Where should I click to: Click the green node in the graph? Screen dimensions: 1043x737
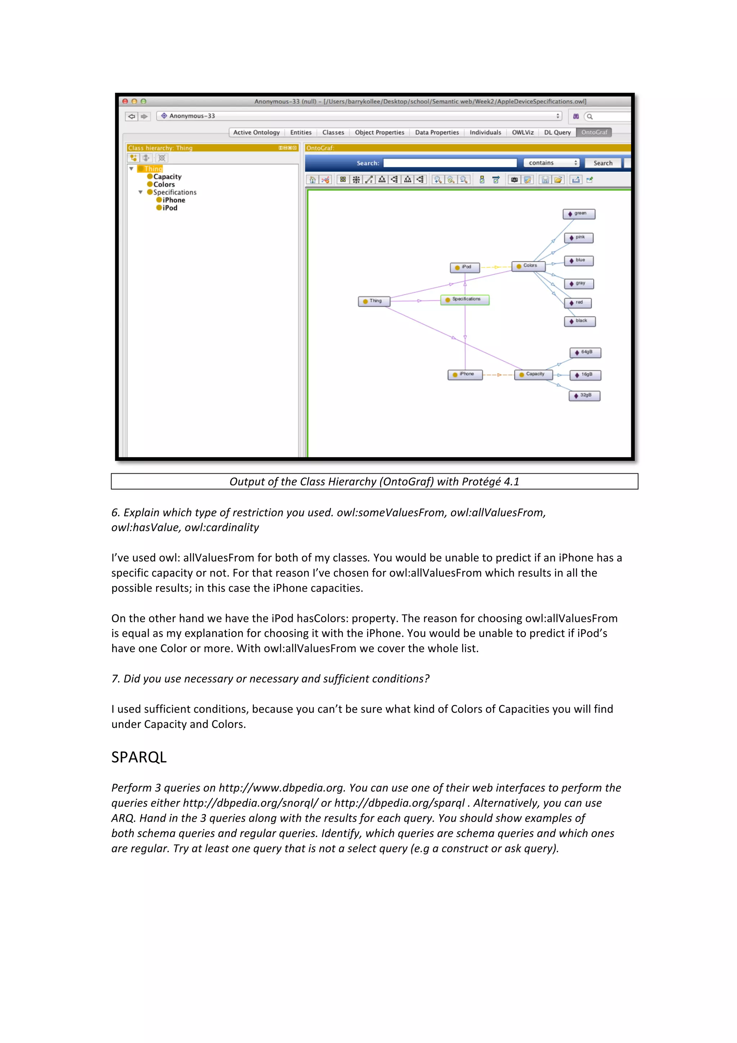click(x=579, y=213)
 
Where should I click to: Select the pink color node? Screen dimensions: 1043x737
click(x=579, y=238)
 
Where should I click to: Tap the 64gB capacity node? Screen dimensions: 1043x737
click(x=585, y=352)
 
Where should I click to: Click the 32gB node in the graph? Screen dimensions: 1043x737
click(x=584, y=396)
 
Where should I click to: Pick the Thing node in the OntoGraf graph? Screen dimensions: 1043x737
click(x=374, y=301)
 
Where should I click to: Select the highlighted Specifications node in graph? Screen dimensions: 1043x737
click(x=465, y=300)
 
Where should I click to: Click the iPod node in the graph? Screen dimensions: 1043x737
click(x=465, y=267)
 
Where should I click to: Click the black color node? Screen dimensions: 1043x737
click(x=579, y=321)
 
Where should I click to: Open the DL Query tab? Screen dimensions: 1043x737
click(x=557, y=132)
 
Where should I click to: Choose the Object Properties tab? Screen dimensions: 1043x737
click(x=379, y=132)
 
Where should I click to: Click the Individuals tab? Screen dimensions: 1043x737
click(x=485, y=132)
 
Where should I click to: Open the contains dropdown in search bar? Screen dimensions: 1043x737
click(x=551, y=163)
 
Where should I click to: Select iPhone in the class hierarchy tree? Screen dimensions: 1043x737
click(x=173, y=200)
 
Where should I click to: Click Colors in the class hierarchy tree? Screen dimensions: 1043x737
click(x=163, y=184)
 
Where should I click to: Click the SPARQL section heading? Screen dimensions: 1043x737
click(x=139, y=757)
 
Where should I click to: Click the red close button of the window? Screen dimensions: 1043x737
click(x=125, y=101)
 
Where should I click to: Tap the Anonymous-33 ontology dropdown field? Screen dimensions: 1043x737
click(x=359, y=116)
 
